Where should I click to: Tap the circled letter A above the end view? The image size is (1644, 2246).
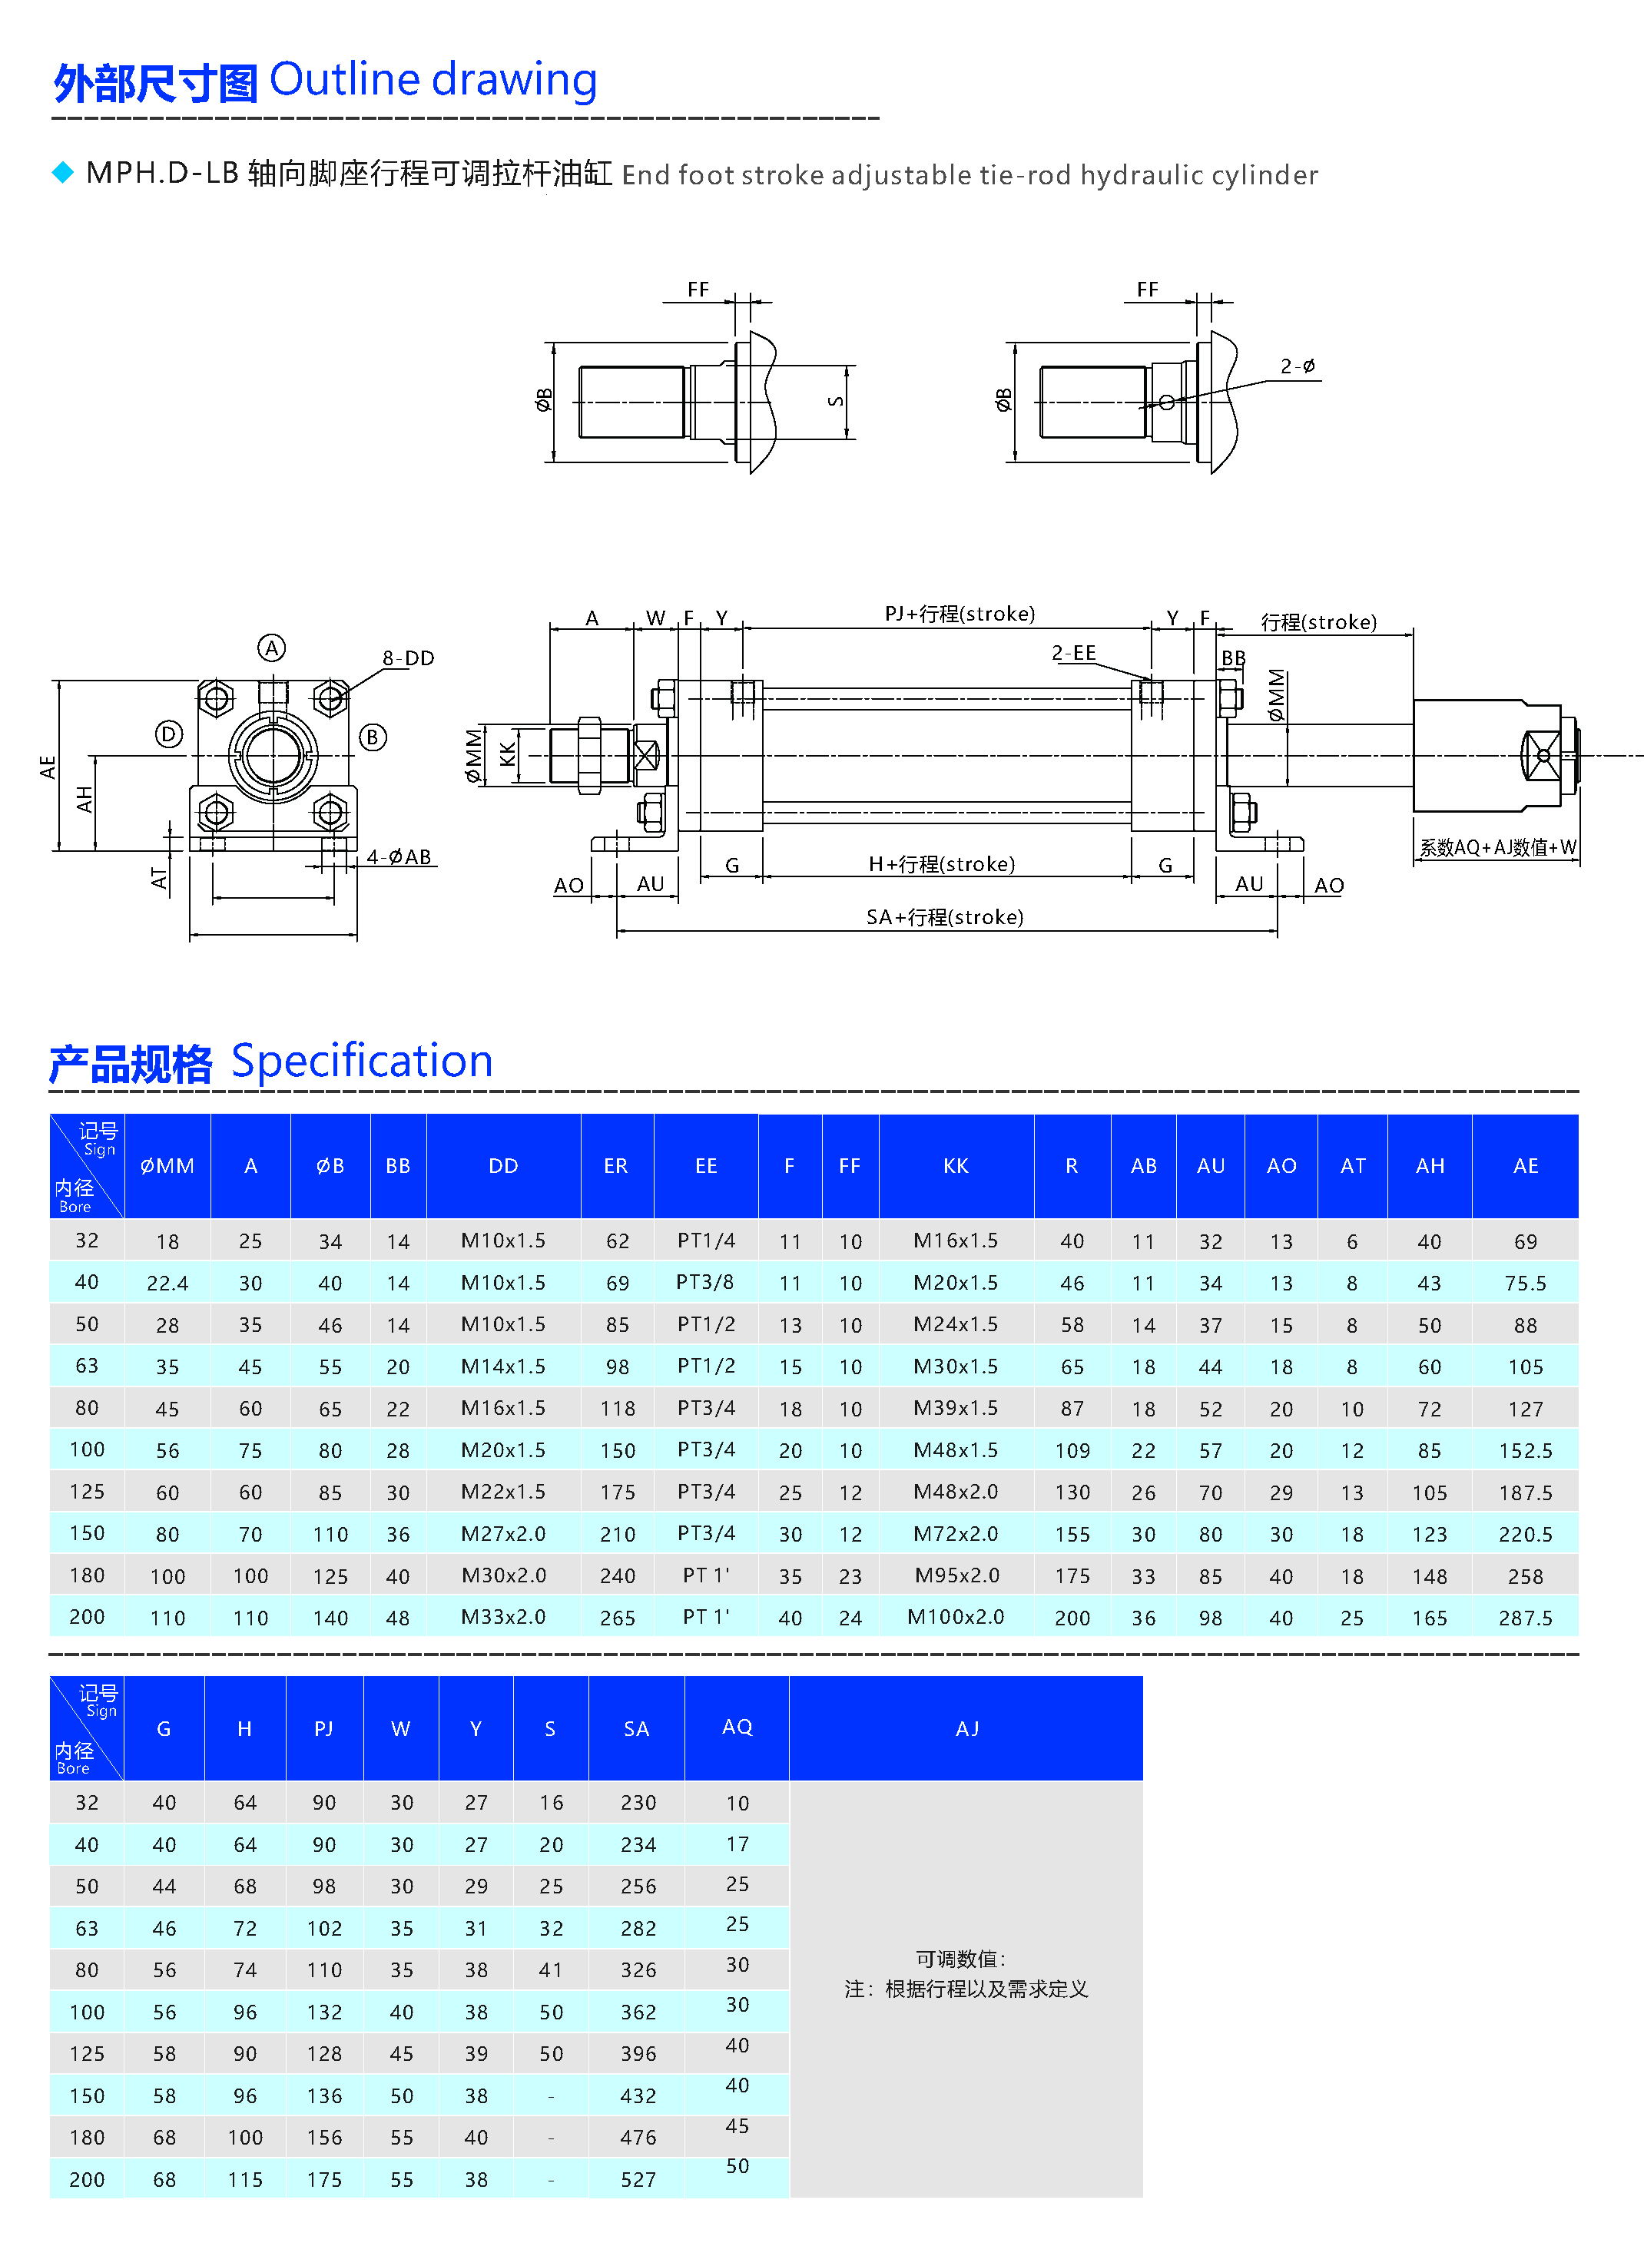272,648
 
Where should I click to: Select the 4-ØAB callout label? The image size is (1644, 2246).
398,856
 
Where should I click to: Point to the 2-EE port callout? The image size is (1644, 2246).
1074,653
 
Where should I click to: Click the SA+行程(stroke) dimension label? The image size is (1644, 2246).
944,916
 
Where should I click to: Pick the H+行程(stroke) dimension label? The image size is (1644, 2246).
941,864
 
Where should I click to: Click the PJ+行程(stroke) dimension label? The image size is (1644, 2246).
960,614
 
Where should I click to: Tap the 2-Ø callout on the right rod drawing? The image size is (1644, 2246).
1298,366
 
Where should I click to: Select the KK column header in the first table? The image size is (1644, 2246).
956,1165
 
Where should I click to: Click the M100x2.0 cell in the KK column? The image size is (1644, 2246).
956,1617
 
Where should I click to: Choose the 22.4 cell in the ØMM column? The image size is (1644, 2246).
167,1284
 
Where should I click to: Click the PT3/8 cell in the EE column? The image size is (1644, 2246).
704,1282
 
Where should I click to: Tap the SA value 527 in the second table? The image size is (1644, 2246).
638,2179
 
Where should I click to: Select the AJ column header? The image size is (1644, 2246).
966,1728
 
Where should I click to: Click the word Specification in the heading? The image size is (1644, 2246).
363,1061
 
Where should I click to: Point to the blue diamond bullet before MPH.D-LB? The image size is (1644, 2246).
63,173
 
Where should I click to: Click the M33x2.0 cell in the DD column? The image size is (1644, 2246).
502,1617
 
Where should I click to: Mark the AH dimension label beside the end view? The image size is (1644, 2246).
85,799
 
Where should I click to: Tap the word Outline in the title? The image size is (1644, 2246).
344,80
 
